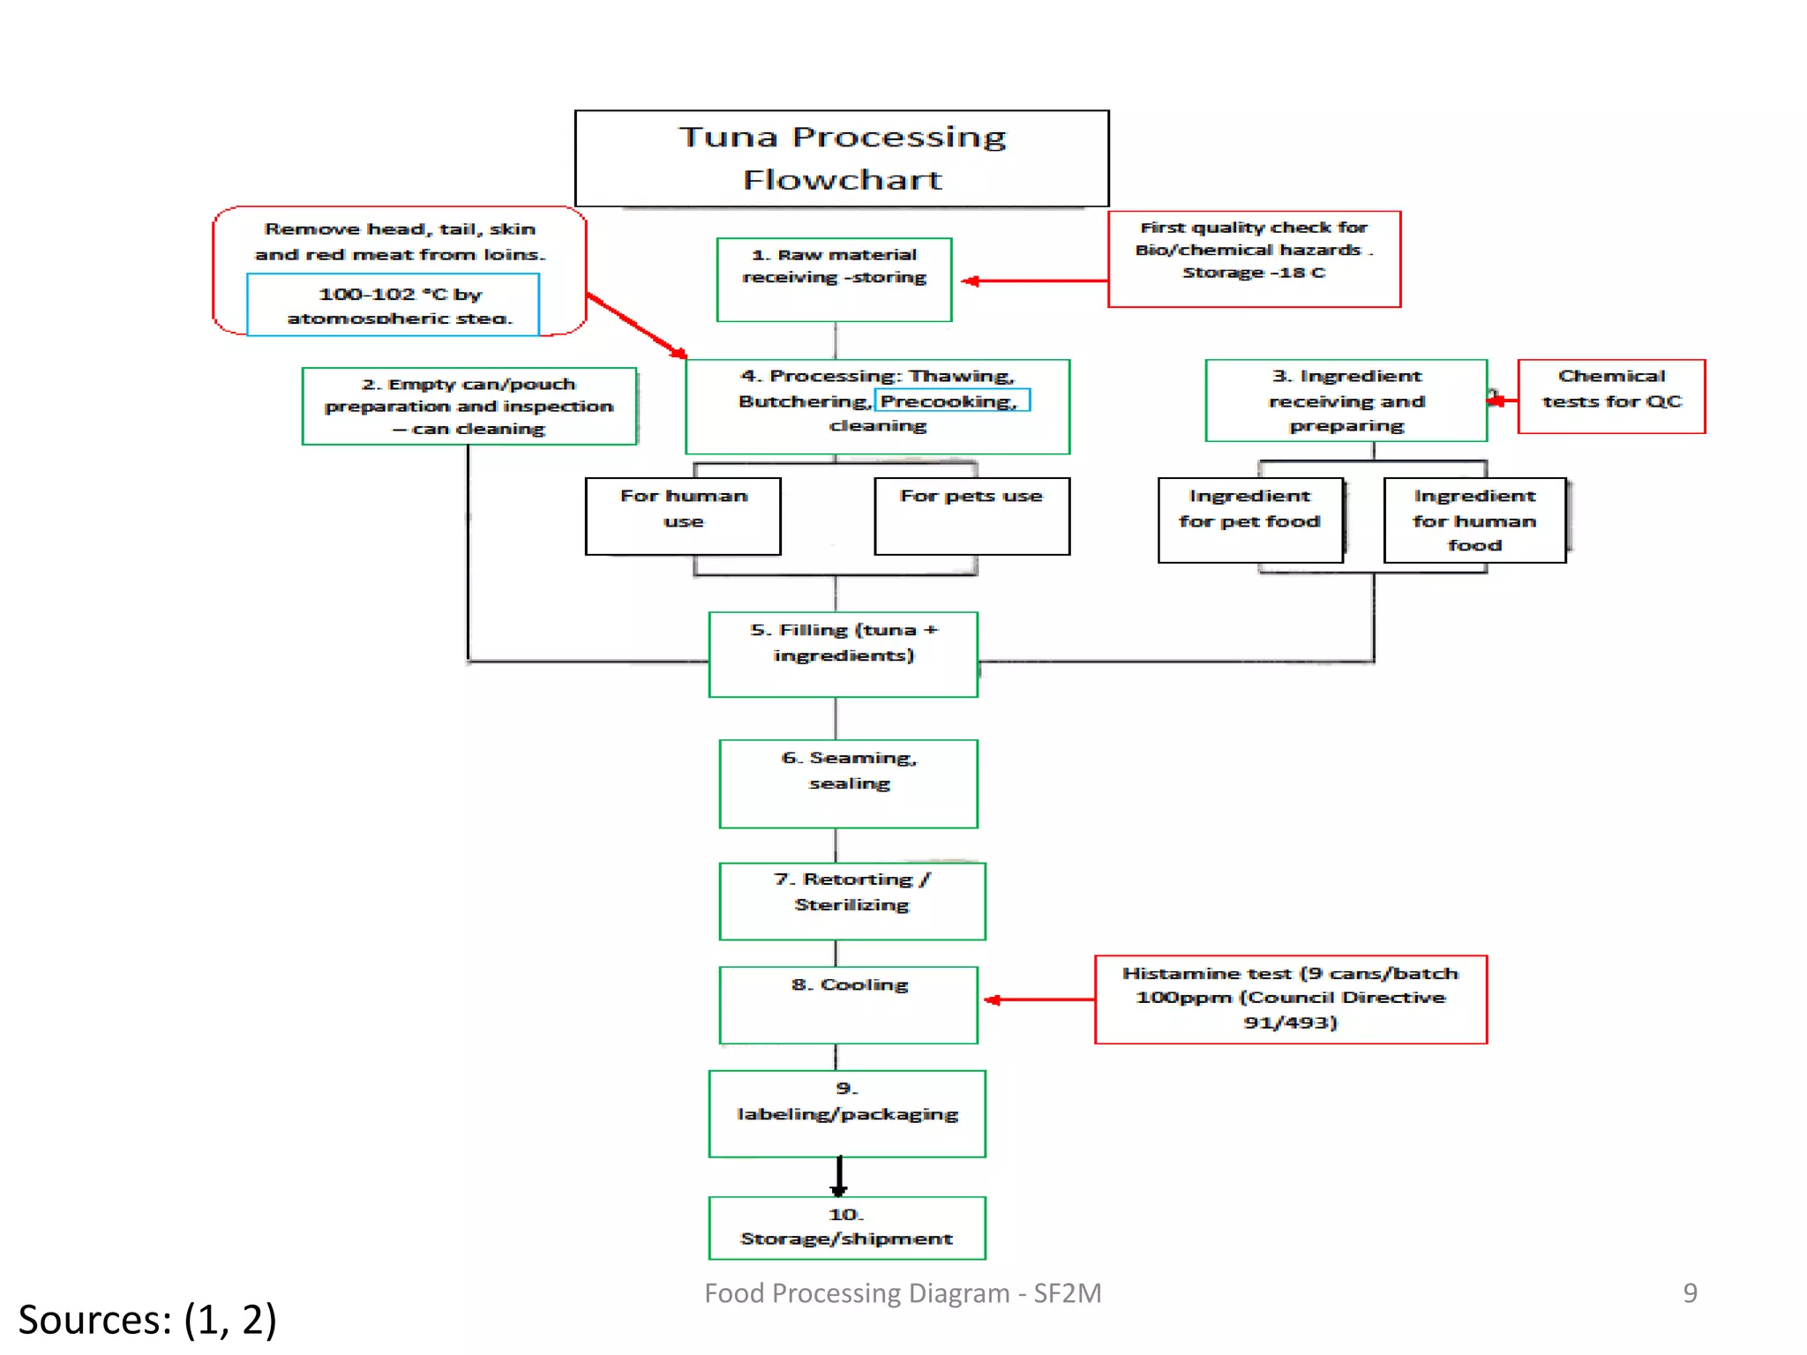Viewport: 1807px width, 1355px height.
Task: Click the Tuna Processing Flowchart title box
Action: pyautogui.click(x=841, y=159)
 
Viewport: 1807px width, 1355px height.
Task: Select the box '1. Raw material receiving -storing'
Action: pyautogui.click(x=834, y=279)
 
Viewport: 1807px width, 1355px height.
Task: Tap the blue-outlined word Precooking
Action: pyautogui.click(x=951, y=401)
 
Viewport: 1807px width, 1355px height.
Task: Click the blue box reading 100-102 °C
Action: pyautogui.click(x=394, y=304)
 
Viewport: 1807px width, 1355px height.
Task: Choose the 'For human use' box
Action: pyautogui.click(x=683, y=516)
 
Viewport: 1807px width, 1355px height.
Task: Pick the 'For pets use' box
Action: pyautogui.click(x=971, y=516)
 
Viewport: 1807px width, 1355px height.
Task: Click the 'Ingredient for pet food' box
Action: pyautogui.click(x=1250, y=520)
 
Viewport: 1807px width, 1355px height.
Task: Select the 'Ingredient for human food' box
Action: pyautogui.click(x=1474, y=520)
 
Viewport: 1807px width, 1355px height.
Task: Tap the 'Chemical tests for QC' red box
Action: pyautogui.click(x=1611, y=396)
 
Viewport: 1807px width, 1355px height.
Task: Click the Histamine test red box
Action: pyautogui.click(x=1290, y=999)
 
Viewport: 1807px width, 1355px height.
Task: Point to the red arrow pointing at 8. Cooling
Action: pyautogui.click(x=1038, y=999)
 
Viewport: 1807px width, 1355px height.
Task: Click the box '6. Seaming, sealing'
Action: pyautogui.click(x=848, y=783)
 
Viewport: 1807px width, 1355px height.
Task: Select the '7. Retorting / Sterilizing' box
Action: pyautogui.click(x=851, y=901)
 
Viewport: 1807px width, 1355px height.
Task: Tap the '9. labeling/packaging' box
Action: pyautogui.click(x=847, y=1113)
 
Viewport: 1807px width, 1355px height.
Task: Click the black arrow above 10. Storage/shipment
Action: pyautogui.click(x=838, y=1176)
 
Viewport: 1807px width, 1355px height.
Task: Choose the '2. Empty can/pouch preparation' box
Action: pyautogui.click(x=469, y=406)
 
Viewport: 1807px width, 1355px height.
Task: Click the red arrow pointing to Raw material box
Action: pyautogui.click(x=1032, y=281)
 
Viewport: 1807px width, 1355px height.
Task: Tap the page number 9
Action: pyautogui.click(x=1689, y=1292)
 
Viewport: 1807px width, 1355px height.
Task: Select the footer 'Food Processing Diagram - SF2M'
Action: pyautogui.click(x=903, y=1292)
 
